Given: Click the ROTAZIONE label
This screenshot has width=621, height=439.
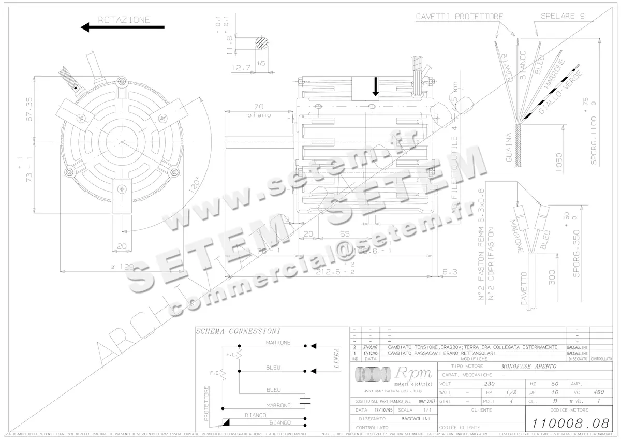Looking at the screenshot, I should (x=124, y=20).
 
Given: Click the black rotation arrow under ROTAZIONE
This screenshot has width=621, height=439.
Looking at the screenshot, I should (x=123, y=27).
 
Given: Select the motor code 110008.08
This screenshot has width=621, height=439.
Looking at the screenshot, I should (x=567, y=422).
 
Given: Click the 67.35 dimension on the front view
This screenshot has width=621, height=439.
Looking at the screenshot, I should (x=29, y=109).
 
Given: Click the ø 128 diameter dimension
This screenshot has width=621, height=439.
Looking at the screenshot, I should (x=122, y=267).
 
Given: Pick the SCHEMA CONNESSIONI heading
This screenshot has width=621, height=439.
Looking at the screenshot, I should (x=238, y=331).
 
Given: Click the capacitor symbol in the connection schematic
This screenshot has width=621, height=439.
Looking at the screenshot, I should (x=307, y=399).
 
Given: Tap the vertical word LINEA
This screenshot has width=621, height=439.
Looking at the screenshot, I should (x=336, y=358).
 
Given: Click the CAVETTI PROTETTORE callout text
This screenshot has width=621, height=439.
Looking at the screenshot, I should (x=459, y=17).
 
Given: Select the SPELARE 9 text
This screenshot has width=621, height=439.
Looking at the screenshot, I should (x=563, y=16).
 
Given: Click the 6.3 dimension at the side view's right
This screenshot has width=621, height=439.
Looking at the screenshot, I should (x=450, y=271).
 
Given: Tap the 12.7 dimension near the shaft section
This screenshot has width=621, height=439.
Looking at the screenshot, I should (x=241, y=67).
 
